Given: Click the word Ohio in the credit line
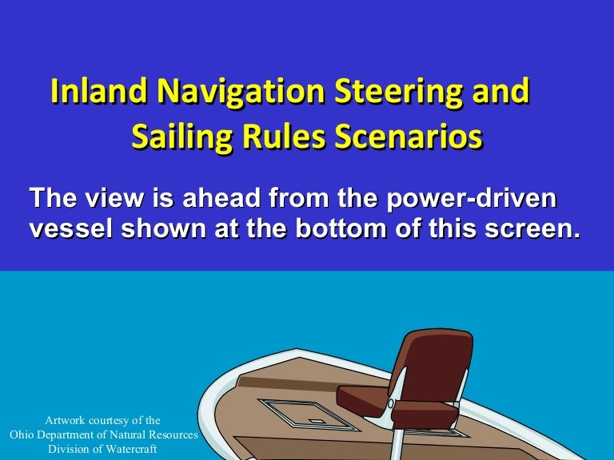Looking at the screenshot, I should point(24,434).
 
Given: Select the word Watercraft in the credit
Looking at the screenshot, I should point(126,448).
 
